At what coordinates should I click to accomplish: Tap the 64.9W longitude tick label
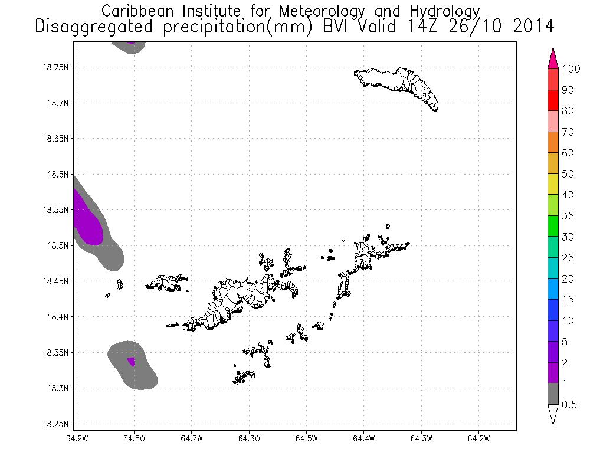tap(77, 438)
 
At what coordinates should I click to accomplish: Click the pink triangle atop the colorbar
tap(553, 58)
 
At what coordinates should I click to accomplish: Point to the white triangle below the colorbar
tap(553, 415)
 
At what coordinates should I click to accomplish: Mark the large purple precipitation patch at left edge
tap(87, 222)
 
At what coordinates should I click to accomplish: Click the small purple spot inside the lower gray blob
tap(132, 361)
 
